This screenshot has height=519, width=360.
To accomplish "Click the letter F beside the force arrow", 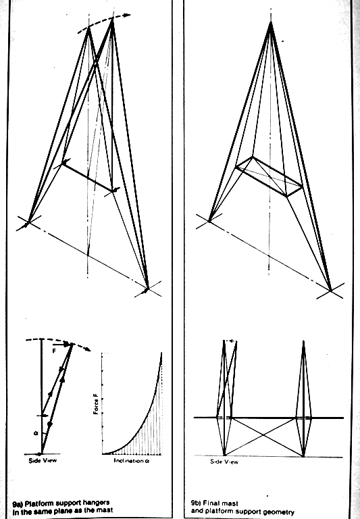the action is point(54,351).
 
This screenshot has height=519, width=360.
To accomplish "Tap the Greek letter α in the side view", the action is point(36,433).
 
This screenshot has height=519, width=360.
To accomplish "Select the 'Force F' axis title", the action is point(97,407).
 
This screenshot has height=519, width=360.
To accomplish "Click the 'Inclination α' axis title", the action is point(131,461).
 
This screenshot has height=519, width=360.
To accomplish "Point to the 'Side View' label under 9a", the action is point(43,460).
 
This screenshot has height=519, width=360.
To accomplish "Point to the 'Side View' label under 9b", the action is point(224,462).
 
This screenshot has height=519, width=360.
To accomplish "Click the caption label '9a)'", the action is point(18,503).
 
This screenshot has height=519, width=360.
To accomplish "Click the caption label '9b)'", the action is point(196,503).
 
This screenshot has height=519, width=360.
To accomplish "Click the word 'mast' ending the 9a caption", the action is point(105,510).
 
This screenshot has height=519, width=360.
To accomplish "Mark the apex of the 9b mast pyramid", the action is point(271,22).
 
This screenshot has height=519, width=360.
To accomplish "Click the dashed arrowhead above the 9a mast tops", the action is point(128,15).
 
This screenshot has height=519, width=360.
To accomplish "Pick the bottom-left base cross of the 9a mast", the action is point(28,223).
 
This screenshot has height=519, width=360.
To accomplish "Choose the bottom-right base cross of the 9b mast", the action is point(330,291).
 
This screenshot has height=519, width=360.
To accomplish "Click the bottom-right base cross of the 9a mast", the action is point(147,289).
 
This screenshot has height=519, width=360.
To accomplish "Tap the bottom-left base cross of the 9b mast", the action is point(209,221).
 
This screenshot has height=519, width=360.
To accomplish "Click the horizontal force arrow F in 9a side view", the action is point(62,344).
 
